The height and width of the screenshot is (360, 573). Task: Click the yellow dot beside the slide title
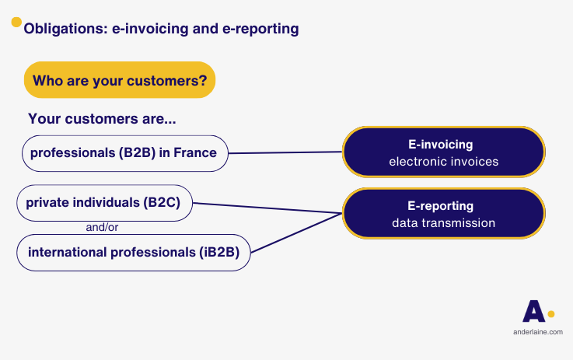point(16,23)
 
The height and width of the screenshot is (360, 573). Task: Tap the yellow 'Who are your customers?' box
point(119,80)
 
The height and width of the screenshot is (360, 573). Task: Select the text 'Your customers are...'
point(101,119)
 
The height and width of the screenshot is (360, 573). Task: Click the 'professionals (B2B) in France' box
point(124,153)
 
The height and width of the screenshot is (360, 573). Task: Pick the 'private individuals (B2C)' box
point(104,203)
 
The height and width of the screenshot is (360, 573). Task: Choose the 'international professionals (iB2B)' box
point(134,252)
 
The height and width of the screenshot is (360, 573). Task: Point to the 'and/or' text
point(102,228)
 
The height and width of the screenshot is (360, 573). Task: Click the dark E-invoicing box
point(443,152)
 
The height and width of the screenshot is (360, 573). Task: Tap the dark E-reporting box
point(443,213)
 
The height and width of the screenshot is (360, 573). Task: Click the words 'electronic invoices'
point(443,162)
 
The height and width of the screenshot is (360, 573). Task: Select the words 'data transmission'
point(443,223)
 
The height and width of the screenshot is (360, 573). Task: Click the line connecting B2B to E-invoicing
point(285,152)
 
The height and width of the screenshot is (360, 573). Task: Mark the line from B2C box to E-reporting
point(267,208)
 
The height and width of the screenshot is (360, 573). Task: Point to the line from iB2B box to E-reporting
point(295,233)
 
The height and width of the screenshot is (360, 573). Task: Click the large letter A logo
point(533,311)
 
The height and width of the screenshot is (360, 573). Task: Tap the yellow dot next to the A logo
point(551,314)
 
